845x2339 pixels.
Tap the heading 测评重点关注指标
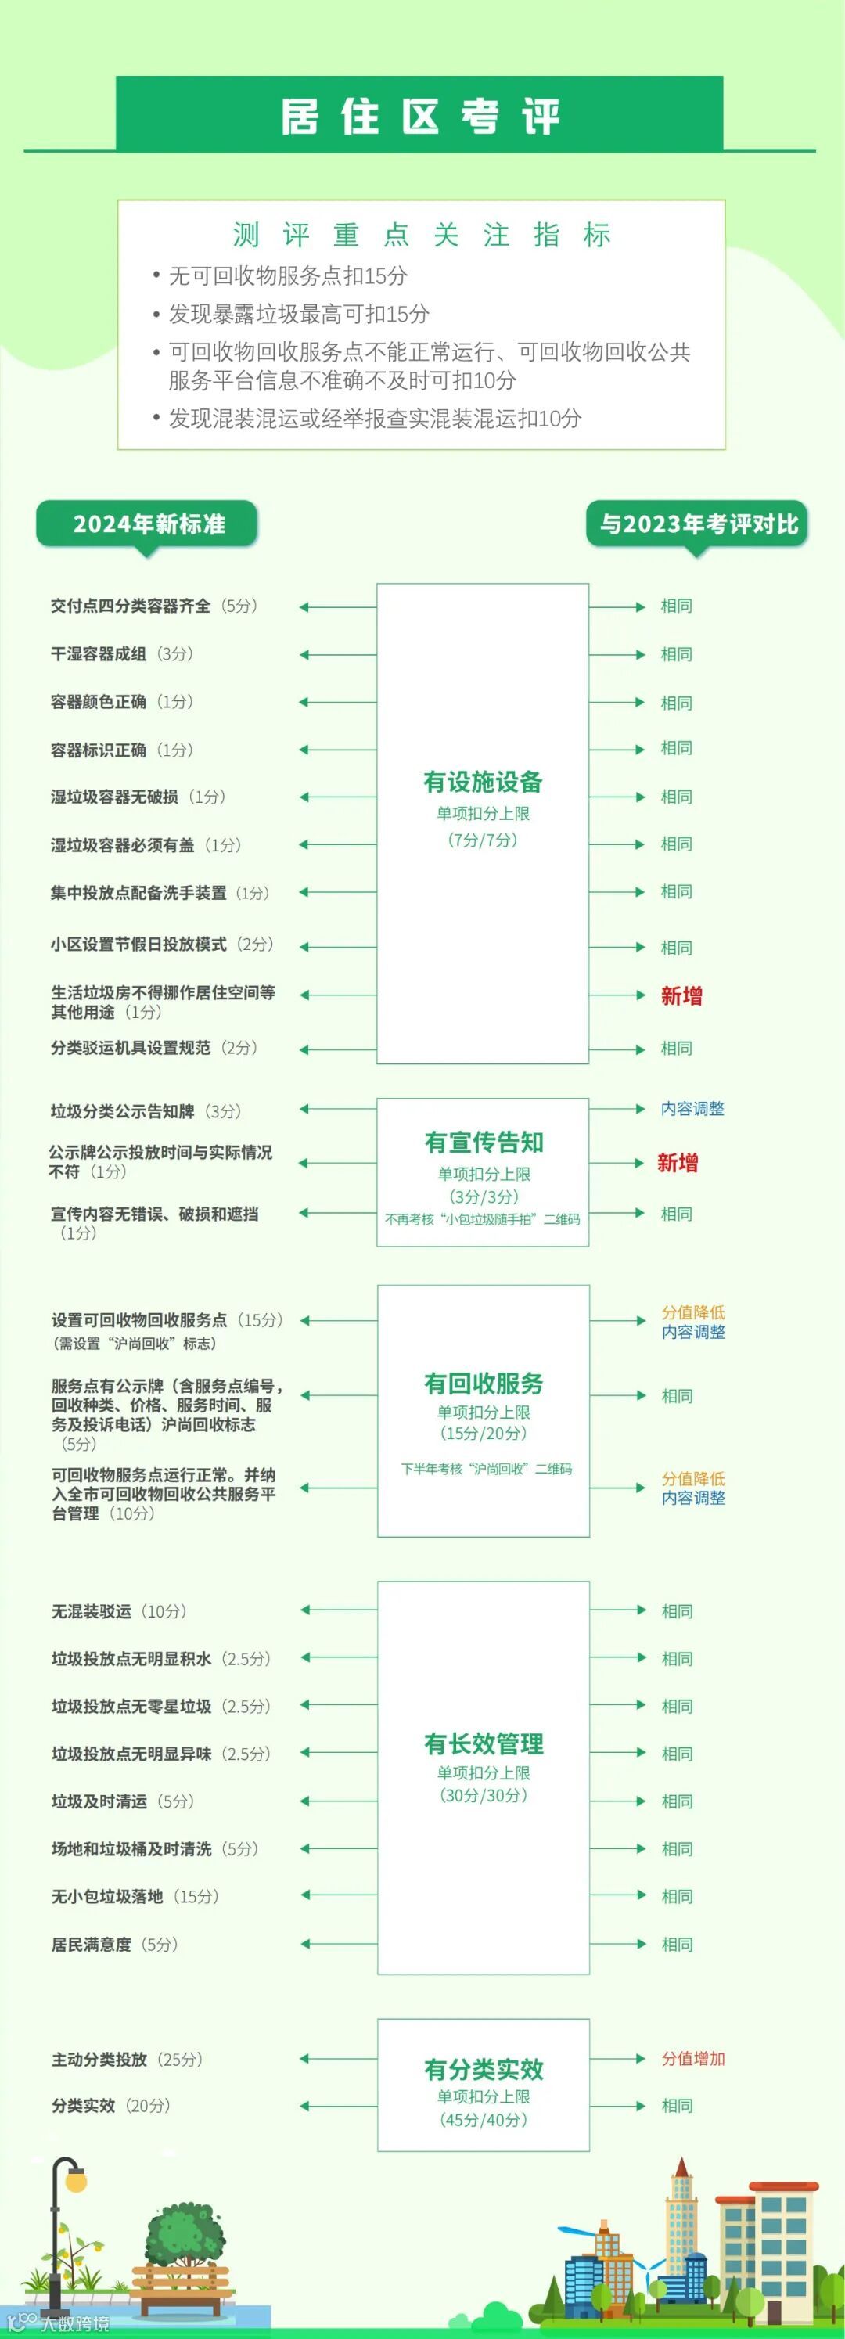(421, 236)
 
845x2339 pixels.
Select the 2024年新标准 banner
(148, 524)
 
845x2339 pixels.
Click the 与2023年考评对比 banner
(697, 524)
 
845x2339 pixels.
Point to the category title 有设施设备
(483, 782)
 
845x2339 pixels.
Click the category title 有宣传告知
(483, 1143)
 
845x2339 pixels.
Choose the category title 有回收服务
(483, 1384)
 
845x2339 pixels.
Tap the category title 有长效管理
(483, 1743)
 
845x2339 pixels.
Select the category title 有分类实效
(483, 2069)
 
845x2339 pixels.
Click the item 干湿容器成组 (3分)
(121, 653)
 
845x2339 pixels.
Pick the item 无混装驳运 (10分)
(119, 1610)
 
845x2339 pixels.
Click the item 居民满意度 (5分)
(114, 1944)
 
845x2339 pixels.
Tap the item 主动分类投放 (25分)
(127, 2060)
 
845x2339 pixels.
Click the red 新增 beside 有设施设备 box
(681, 996)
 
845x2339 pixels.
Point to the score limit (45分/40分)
(483, 2120)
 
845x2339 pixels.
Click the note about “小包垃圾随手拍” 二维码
(482, 1219)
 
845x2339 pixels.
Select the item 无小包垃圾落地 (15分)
(135, 1896)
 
